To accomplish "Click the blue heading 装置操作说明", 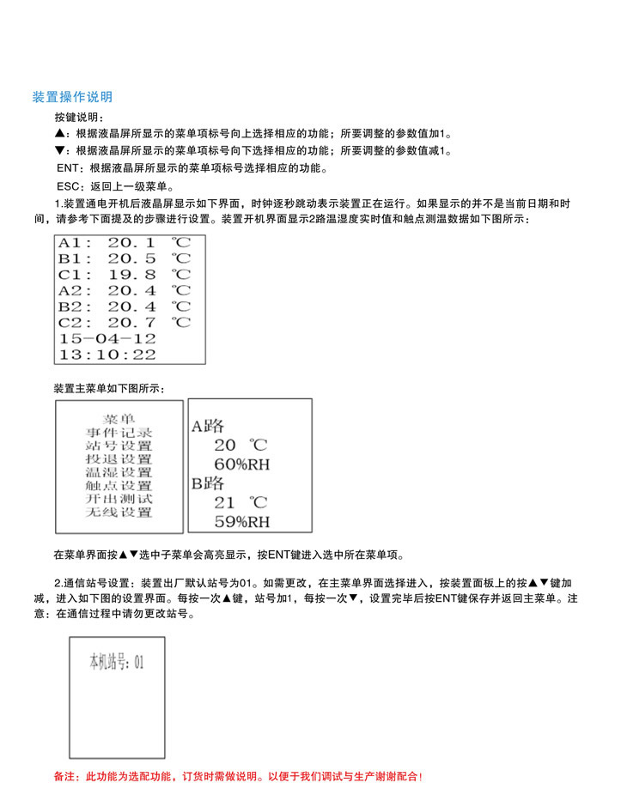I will (72, 97).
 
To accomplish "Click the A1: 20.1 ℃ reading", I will (125, 242).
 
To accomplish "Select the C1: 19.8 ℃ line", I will (125, 274).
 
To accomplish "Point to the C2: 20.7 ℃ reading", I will (125, 322).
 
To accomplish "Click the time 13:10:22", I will (107, 354).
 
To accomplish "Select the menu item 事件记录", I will (119, 433).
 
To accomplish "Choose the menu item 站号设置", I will (119, 446).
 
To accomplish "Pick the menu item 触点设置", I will (119, 486).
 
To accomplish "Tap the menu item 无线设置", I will (119, 513).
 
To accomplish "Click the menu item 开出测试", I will (119, 499).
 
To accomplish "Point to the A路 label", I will (207, 425).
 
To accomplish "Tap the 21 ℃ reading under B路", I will (240, 502).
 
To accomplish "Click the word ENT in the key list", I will (68, 168).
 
